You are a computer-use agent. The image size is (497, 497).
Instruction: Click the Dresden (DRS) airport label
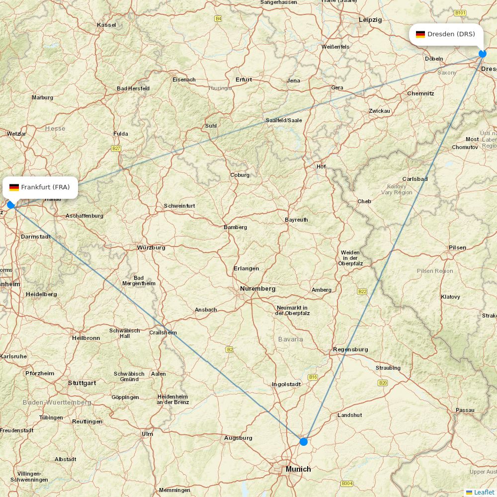[451, 34]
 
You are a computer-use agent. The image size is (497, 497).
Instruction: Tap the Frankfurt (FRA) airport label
[45, 187]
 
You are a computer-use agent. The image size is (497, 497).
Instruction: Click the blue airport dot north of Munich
[304, 441]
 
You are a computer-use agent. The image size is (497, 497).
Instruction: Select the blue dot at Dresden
[482, 54]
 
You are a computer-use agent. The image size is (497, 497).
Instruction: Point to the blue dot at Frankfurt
[11, 205]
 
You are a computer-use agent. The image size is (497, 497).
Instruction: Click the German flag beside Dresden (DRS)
[420, 34]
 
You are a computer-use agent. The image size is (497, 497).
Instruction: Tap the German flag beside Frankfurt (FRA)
[14, 187]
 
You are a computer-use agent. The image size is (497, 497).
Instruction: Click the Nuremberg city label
[257, 289]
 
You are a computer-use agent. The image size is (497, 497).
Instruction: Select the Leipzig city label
[370, 20]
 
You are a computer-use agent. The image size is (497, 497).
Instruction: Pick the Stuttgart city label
[82, 383]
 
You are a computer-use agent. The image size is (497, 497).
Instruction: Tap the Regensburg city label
[350, 349]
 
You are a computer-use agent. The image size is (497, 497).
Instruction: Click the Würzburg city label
[151, 248]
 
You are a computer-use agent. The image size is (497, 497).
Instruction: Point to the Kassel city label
[106, 25]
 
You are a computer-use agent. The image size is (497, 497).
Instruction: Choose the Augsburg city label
[238, 438]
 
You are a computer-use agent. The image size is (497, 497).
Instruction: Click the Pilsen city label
[457, 248]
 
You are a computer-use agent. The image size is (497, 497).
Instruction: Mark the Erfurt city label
[244, 80]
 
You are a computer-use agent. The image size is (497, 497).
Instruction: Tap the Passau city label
[465, 411]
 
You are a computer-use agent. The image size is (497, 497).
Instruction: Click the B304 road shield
[346, 484]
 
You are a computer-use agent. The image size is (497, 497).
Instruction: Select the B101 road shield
[460, 12]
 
